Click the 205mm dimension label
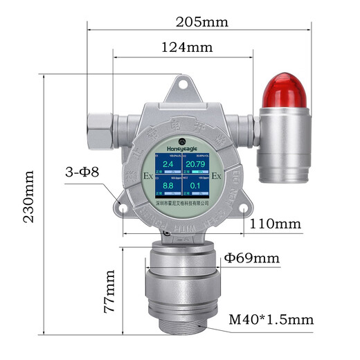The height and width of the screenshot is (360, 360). pyautogui.click(x=203, y=21)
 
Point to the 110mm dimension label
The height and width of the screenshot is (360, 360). pyautogui.click(x=276, y=224)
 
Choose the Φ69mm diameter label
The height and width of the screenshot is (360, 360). pyautogui.click(x=252, y=259)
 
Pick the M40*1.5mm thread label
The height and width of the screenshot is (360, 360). pyautogui.click(x=271, y=320)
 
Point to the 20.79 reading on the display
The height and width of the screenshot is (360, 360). pyautogui.click(x=196, y=164)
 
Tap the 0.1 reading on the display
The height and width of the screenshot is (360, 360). pyautogui.click(x=196, y=186)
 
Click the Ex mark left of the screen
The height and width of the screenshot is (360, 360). pyautogui.click(x=147, y=176)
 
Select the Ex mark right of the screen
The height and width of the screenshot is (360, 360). pyautogui.click(x=216, y=176)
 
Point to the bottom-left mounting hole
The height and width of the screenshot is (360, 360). pyautogui.click(x=123, y=206)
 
